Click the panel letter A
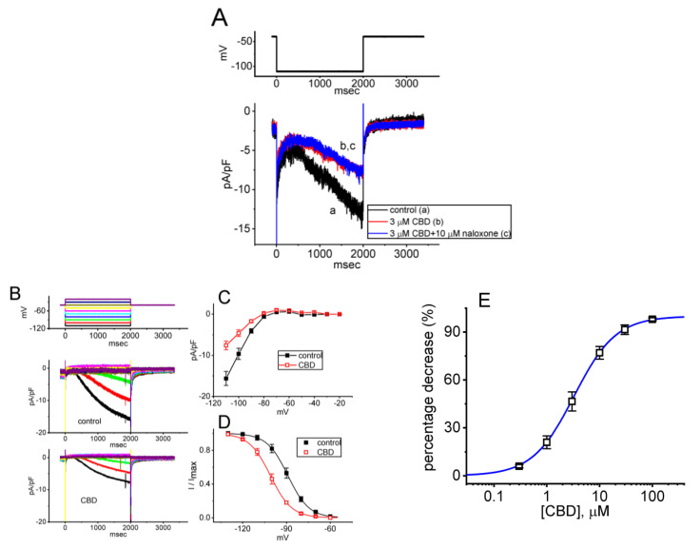[222, 18]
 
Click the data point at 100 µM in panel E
[652, 319]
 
